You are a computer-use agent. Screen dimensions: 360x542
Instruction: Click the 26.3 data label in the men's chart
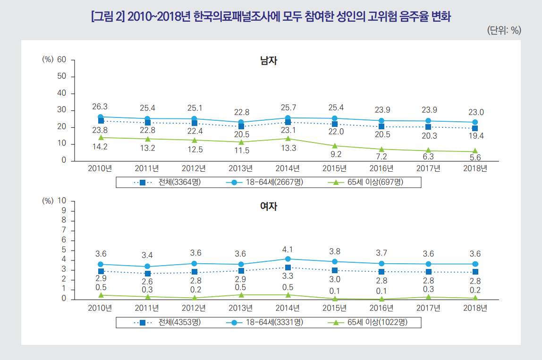pyautogui.click(x=100, y=107)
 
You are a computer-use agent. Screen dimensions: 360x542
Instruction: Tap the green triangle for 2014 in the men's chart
pyautogui.click(x=288, y=138)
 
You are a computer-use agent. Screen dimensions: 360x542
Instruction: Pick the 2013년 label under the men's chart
pyautogui.click(x=241, y=168)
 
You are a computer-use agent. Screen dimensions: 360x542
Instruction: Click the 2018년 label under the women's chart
pyautogui.click(x=475, y=309)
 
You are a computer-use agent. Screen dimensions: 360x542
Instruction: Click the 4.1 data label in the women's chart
pyautogui.click(x=288, y=250)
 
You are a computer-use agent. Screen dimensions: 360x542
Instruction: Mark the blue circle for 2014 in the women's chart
pyautogui.click(x=288, y=259)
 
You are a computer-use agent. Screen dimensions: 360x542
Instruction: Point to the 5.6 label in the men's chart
pyautogui.click(x=475, y=158)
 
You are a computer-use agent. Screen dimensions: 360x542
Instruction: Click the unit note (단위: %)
pyautogui.click(x=504, y=31)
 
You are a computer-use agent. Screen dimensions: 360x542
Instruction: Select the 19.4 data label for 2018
pyautogui.click(x=475, y=136)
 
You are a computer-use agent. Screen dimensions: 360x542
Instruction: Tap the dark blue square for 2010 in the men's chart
pyautogui.click(x=101, y=121)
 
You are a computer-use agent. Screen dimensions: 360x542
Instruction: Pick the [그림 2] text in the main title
pyautogui.click(x=107, y=17)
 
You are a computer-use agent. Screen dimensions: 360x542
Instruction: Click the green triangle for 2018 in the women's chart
pyautogui.click(x=475, y=298)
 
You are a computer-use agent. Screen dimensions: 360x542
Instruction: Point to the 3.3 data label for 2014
pyautogui.click(x=288, y=276)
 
